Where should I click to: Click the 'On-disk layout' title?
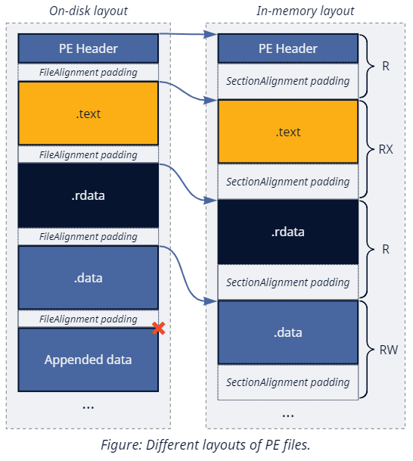tap(88, 11)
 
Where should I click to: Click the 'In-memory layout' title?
tap(305, 11)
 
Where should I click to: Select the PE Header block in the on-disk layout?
tap(88, 48)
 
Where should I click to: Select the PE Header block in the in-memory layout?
tap(288, 48)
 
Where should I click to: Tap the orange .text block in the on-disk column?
tap(88, 114)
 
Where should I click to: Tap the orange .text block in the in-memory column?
tap(288, 132)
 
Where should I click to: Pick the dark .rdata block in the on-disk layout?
tap(88, 195)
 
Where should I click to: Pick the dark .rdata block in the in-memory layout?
tap(288, 232)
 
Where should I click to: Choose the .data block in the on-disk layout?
tap(88, 278)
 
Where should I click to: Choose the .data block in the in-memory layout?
tap(288, 332)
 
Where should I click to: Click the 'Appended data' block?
tap(88, 360)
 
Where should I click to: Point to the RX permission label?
tap(386, 150)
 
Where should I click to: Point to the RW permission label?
tap(386, 350)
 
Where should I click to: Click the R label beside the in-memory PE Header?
tap(386, 67)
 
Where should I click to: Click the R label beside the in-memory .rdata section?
tap(386, 248)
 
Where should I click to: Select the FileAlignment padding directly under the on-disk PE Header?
tap(88, 73)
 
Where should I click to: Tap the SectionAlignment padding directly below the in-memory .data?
tap(288, 382)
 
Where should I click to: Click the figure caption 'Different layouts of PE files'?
tap(206, 445)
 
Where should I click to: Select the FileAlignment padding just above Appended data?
tap(88, 319)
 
